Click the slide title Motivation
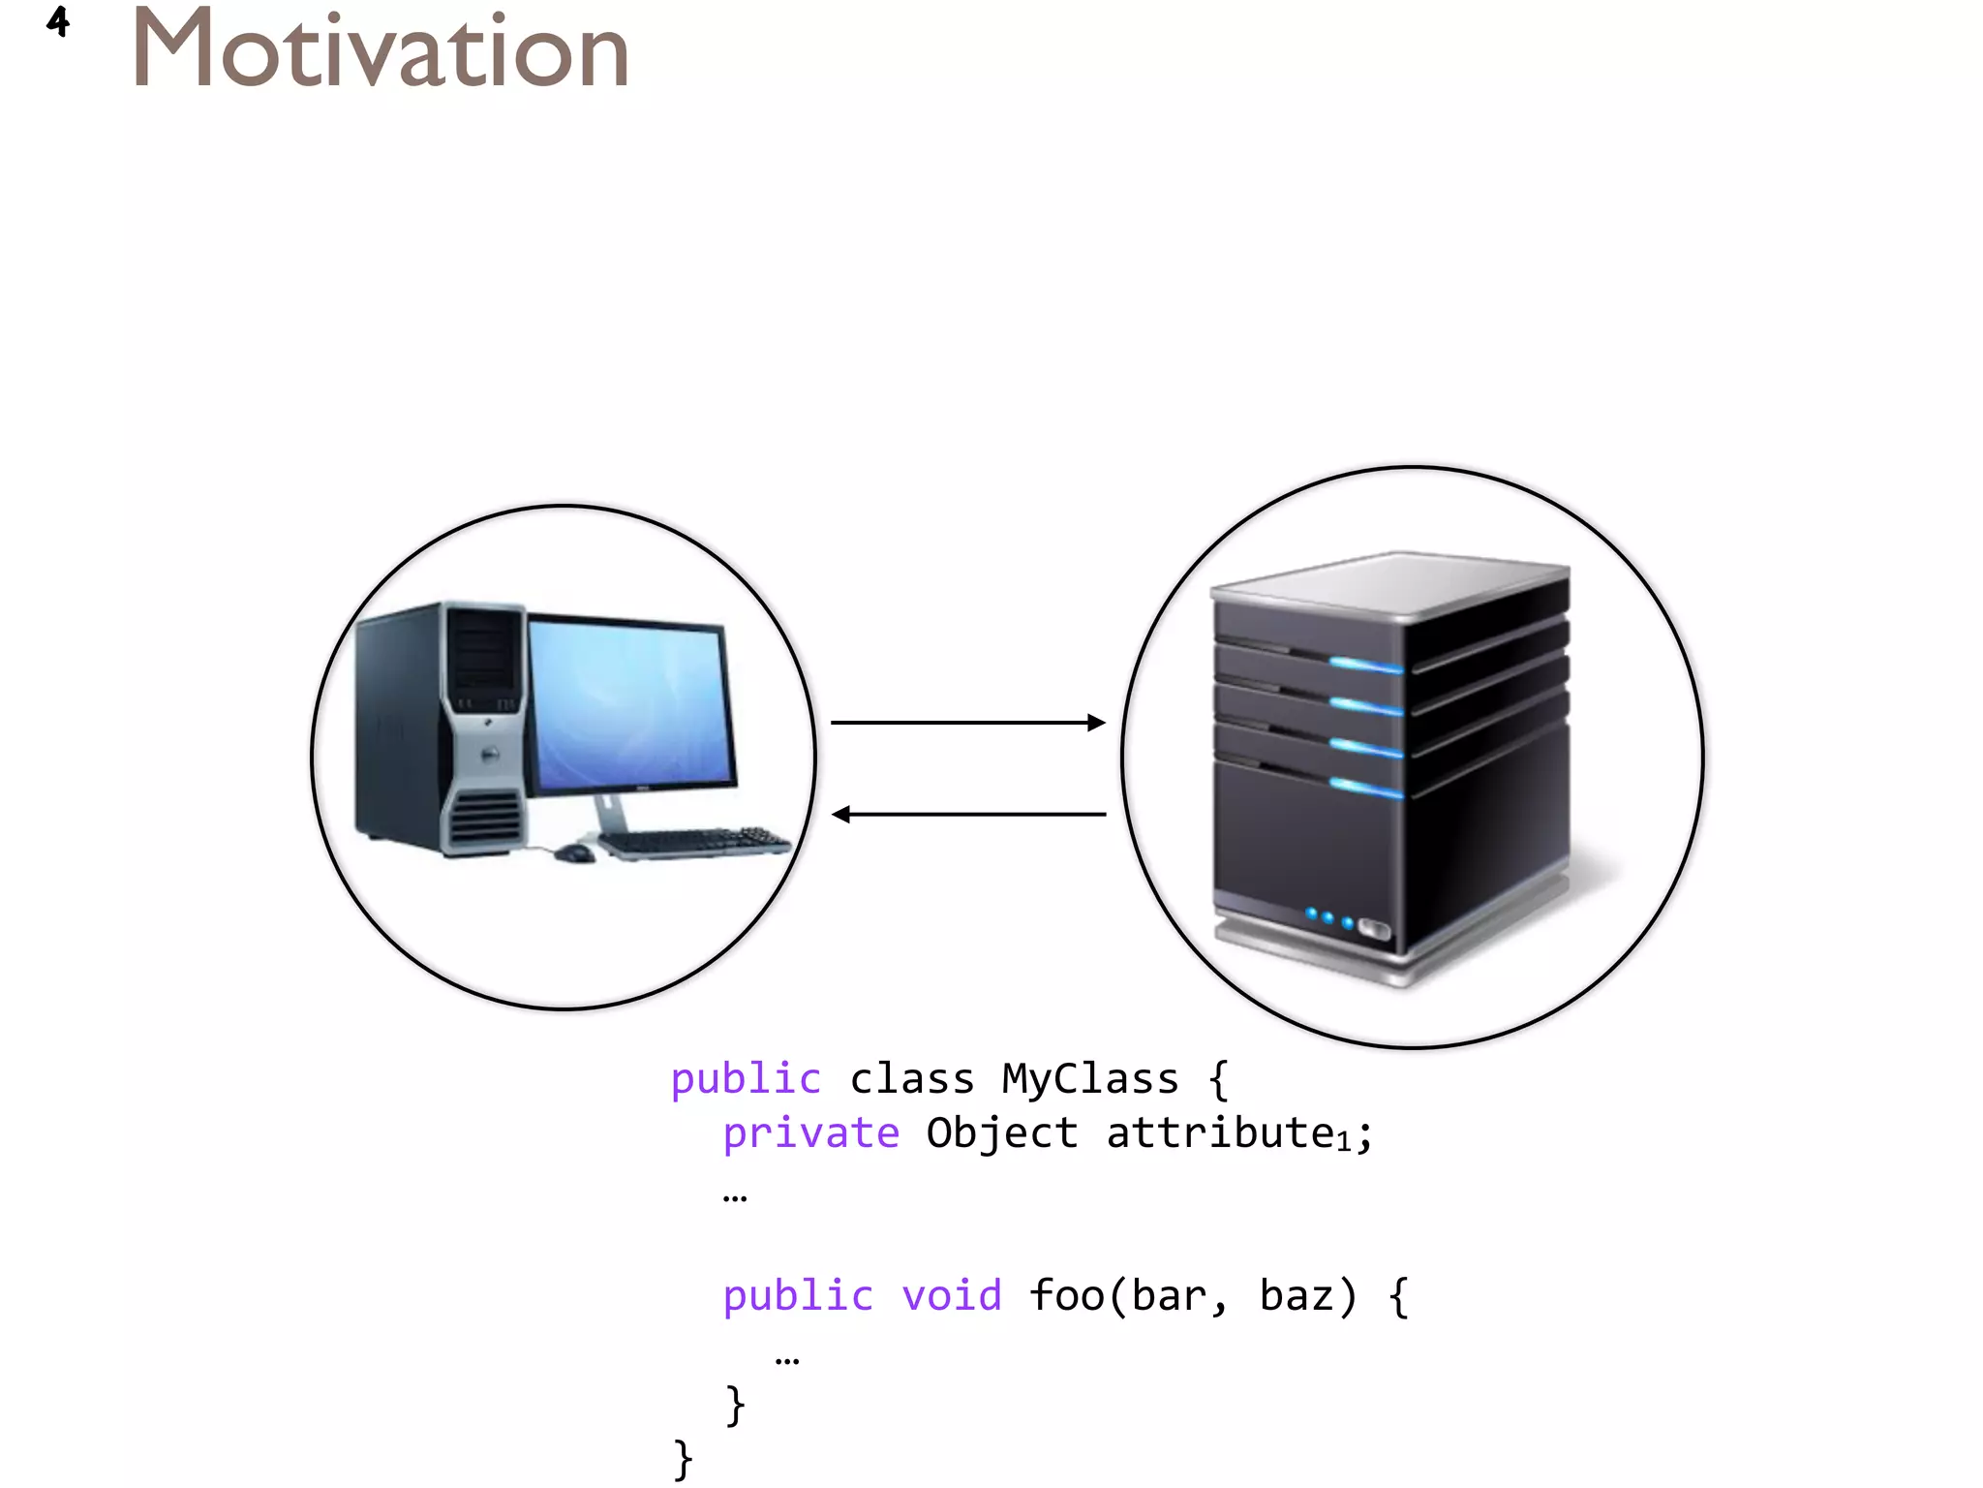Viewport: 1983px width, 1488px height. click(380, 50)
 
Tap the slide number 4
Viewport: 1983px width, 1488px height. click(58, 21)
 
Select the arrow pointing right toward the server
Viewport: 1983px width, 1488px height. click(967, 723)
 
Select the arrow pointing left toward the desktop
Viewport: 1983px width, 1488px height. click(967, 815)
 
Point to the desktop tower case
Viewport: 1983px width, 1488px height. click(441, 727)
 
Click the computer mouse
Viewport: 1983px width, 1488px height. click(575, 853)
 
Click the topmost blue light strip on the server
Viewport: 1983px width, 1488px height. click(1365, 666)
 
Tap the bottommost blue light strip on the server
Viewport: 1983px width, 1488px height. click(1365, 788)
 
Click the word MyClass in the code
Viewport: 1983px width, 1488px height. click(1089, 1079)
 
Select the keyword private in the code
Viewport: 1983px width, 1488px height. click(811, 1133)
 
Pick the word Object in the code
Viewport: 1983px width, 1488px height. click(1001, 1133)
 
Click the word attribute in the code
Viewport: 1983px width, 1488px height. click(1220, 1133)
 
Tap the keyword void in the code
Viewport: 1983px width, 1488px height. click(951, 1296)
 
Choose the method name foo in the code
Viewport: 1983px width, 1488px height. click(1065, 1296)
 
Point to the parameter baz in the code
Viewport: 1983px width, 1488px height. click(1296, 1296)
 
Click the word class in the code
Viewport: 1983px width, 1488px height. click(911, 1079)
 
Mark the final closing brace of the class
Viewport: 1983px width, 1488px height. click(683, 1459)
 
